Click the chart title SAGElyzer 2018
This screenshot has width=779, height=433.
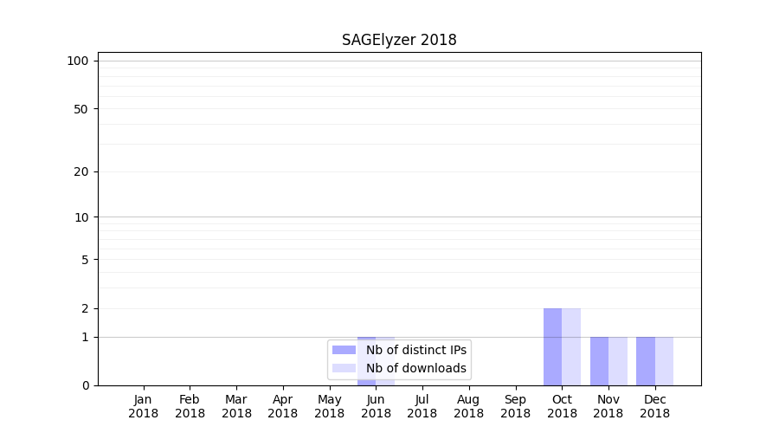click(x=399, y=40)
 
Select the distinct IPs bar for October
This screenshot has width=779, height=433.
click(x=552, y=346)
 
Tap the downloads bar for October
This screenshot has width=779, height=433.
click(x=571, y=346)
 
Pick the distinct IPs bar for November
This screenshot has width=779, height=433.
click(x=599, y=361)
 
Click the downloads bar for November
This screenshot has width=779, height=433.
click(x=618, y=361)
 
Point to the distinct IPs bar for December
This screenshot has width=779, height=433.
click(x=646, y=361)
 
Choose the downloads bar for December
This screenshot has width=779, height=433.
click(x=664, y=361)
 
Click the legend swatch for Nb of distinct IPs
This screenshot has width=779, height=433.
click(x=344, y=350)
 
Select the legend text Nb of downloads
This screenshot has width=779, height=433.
click(x=415, y=368)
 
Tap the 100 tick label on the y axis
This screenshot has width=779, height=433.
click(x=78, y=61)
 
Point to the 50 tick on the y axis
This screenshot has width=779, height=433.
click(x=81, y=109)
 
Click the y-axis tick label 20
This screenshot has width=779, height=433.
click(x=81, y=171)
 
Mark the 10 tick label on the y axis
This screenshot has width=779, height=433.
click(x=81, y=217)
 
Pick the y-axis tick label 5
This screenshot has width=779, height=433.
click(x=85, y=260)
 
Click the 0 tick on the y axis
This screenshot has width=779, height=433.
click(x=85, y=385)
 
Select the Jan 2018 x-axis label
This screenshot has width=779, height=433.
click(x=144, y=406)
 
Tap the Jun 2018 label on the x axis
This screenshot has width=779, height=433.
click(x=376, y=406)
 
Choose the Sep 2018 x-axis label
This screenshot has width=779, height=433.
click(x=515, y=406)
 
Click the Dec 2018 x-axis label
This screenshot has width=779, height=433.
click(x=654, y=406)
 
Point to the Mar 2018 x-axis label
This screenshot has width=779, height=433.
click(x=236, y=406)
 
